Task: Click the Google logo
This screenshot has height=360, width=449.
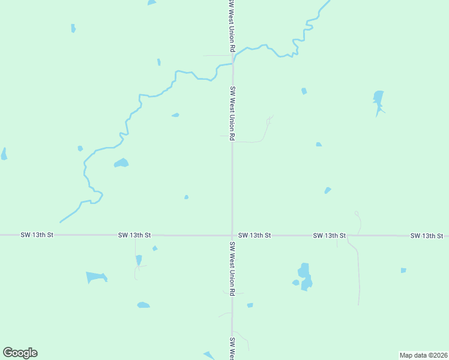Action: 20,353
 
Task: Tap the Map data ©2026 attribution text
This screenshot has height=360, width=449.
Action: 423,355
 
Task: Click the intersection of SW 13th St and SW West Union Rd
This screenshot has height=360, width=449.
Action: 232,235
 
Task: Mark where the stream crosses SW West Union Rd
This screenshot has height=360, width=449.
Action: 233,61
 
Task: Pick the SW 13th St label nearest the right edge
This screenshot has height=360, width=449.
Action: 427,236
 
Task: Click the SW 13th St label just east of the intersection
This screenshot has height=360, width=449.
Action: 255,236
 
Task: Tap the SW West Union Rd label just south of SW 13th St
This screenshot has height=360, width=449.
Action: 232,269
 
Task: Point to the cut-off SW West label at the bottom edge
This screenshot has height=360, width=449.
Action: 232,347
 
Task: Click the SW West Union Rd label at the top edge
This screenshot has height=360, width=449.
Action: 231,24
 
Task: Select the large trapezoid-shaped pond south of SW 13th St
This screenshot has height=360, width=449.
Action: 96,277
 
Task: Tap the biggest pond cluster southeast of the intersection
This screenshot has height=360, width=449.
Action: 305,277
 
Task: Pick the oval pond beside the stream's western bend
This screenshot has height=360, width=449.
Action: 121,163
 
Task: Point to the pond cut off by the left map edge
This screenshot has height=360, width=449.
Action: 4,154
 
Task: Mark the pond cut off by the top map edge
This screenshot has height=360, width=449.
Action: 152,2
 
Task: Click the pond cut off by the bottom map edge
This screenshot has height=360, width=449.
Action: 209,356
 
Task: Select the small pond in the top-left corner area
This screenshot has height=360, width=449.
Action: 73,28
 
